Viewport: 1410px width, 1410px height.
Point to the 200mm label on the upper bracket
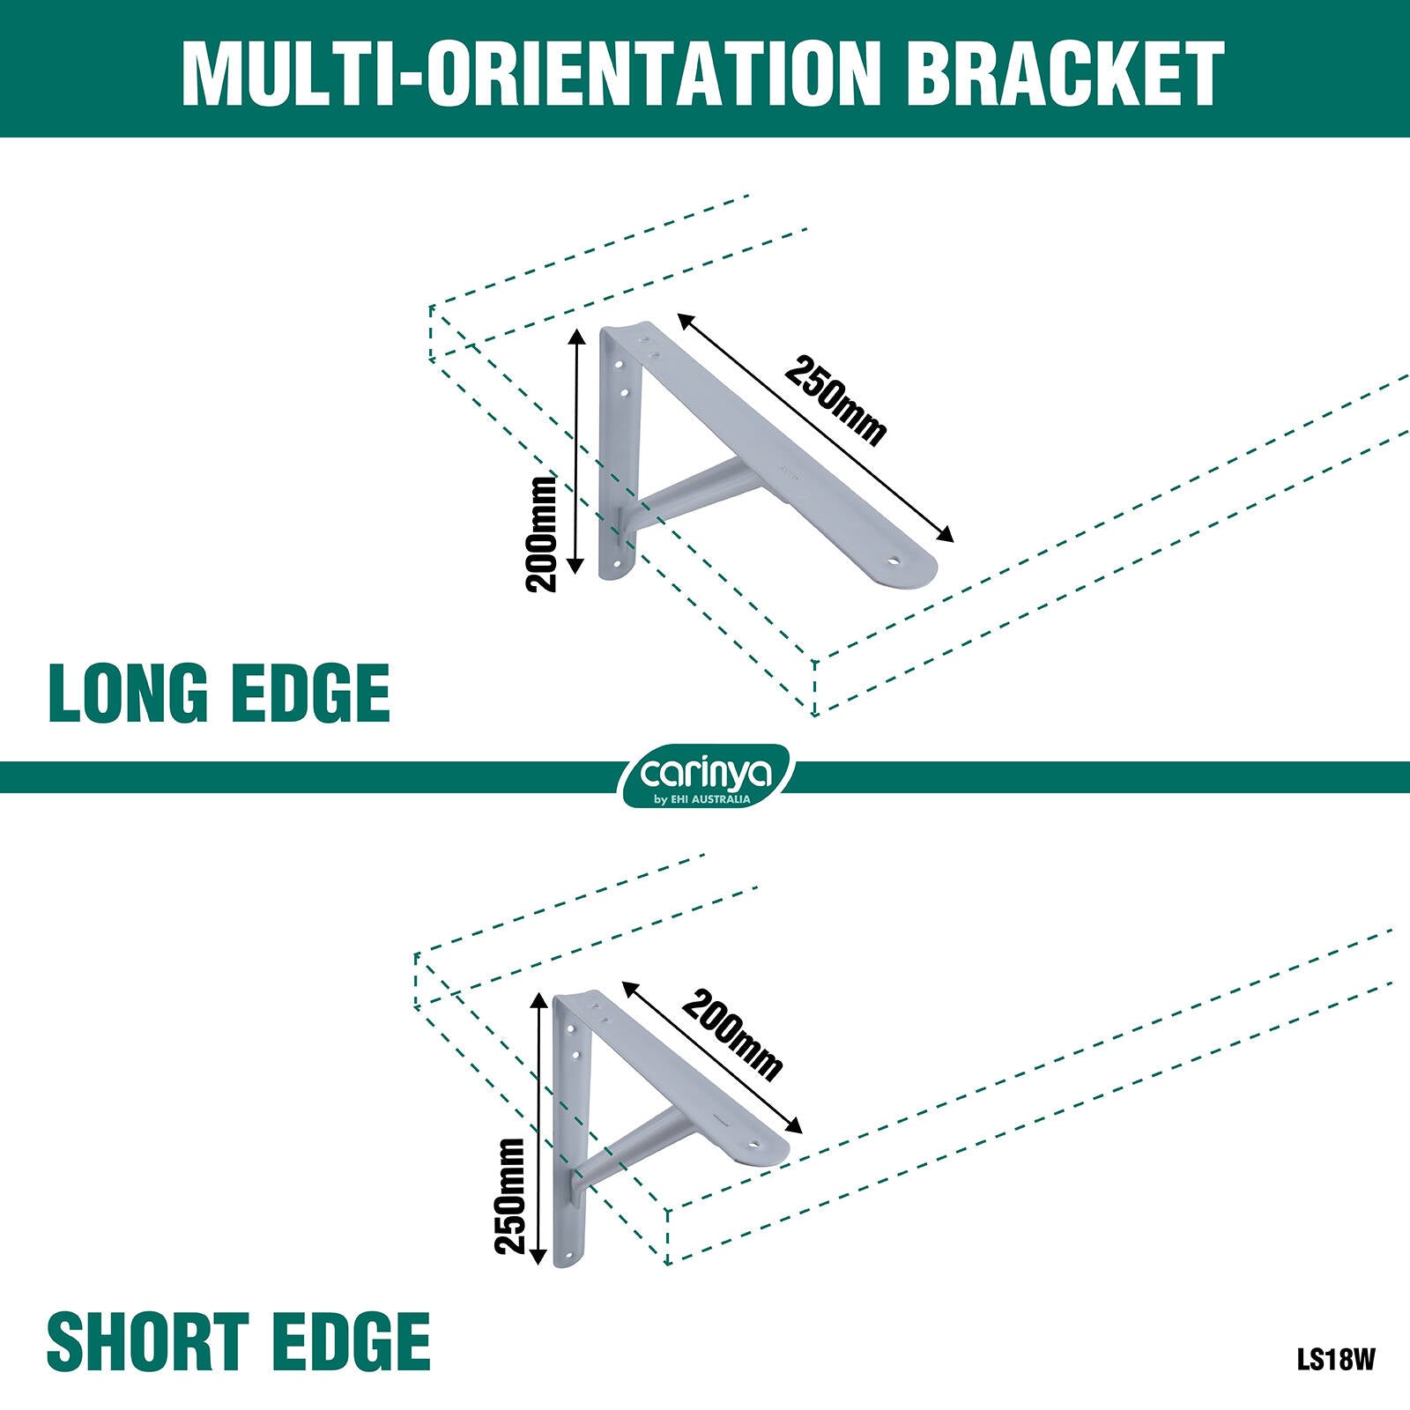pyautogui.click(x=542, y=534)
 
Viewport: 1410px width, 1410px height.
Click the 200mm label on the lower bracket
pyautogui.click(x=732, y=1035)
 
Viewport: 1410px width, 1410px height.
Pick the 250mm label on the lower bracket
pyautogui.click(x=510, y=1195)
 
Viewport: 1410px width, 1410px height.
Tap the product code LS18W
pyautogui.click(x=1335, y=1359)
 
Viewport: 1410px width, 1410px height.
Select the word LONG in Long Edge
pyautogui.click(x=128, y=694)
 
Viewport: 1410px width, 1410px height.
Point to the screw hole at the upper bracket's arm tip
pyautogui.click(x=895, y=560)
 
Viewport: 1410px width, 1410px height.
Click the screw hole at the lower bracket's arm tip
pyautogui.click(x=754, y=1146)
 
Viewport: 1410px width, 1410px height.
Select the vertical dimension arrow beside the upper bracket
pyautogui.click(x=577, y=450)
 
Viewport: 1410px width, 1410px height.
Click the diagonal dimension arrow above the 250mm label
pyautogui.click(x=816, y=427)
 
